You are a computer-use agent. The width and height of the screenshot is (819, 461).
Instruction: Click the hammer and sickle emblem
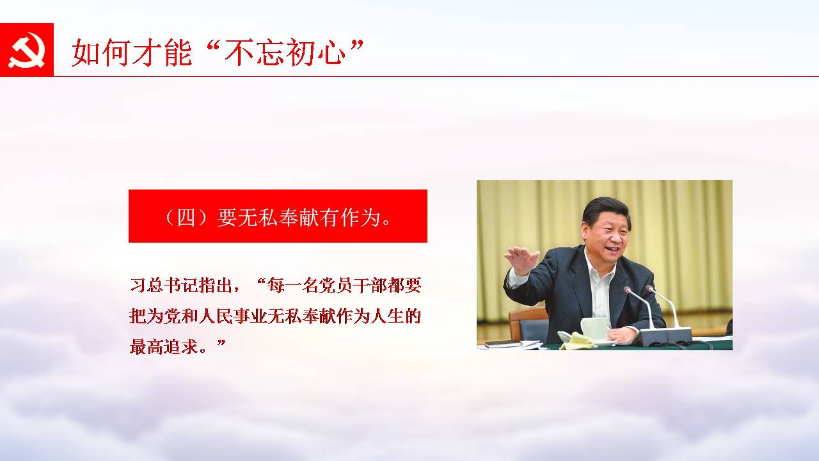[x=26, y=50]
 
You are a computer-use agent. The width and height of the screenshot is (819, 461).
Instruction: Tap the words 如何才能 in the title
[x=132, y=53]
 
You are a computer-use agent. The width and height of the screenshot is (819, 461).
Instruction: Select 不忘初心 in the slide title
[x=285, y=53]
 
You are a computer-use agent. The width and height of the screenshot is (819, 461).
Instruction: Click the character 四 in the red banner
[x=186, y=218]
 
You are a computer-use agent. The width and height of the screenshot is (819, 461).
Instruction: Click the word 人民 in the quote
[x=216, y=316]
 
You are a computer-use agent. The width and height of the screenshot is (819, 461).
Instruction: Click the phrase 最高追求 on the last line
[x=164, y=346]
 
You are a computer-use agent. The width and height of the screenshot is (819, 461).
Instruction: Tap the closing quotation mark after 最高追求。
[x=221, y=343]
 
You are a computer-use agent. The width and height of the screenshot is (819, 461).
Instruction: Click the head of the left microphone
[x=627, y=290]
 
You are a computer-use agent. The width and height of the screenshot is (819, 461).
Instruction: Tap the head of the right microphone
[x=649, y=289]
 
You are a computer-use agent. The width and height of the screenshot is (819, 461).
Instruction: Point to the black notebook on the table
[x=504, y=344]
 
